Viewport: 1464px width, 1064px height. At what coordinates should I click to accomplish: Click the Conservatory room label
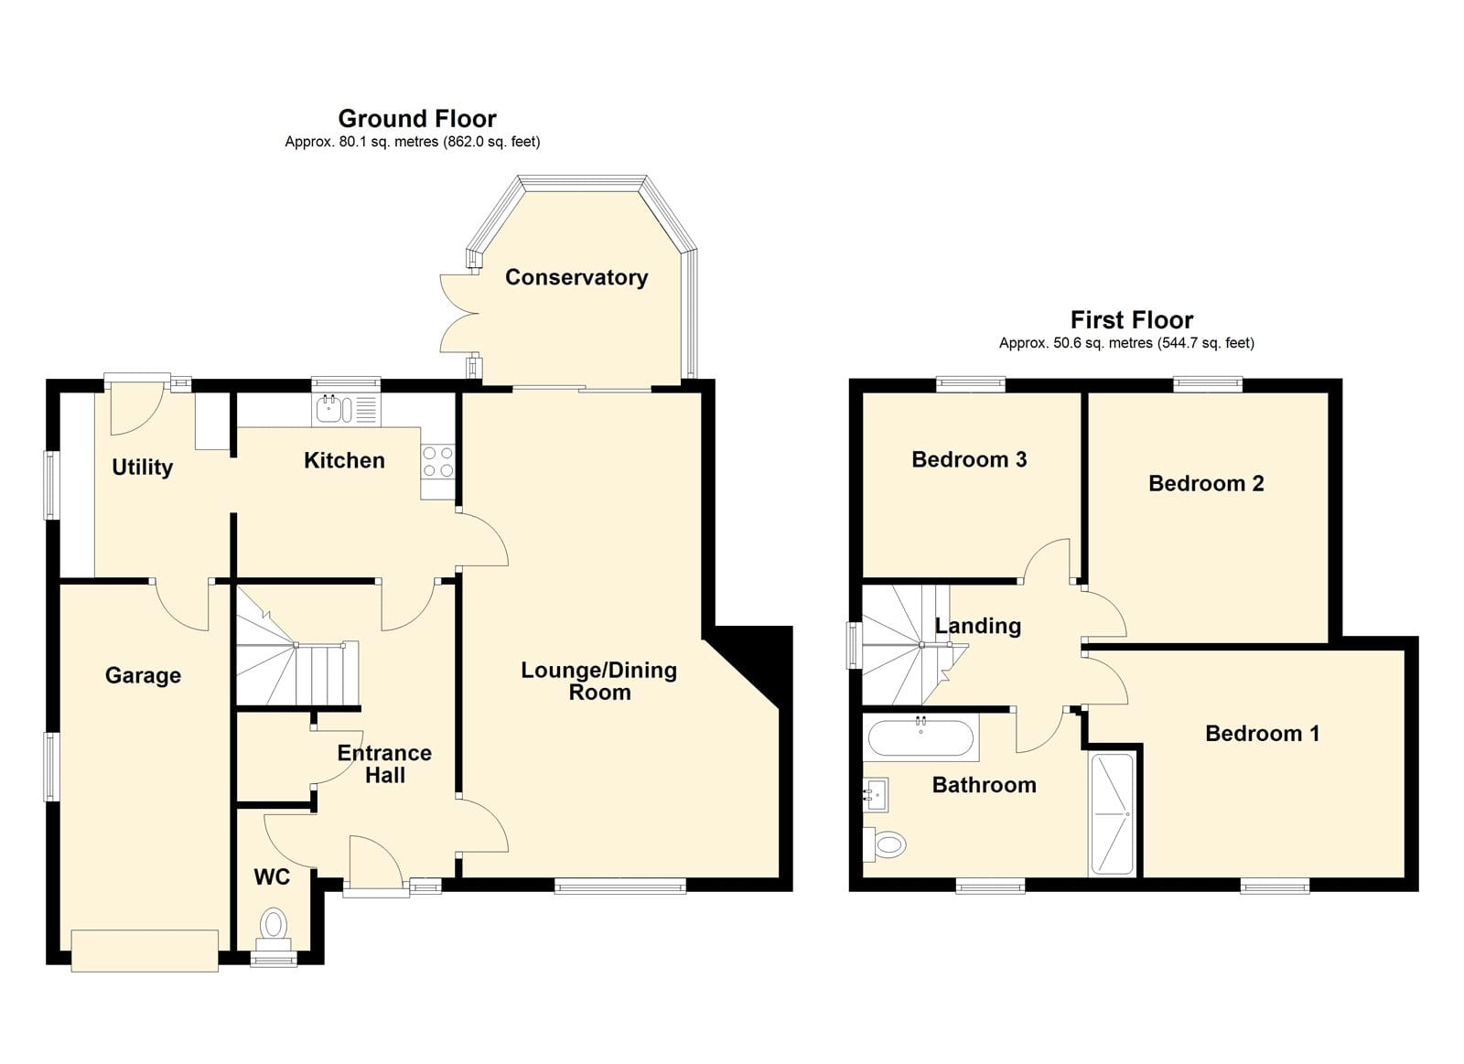tap(576, 278)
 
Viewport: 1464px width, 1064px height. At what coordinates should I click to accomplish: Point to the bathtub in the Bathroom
tap(920, 737)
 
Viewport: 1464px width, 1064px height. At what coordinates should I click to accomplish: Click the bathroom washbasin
tap(876, 795)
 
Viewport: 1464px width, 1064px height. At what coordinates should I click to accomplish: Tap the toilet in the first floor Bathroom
tap(885, 844)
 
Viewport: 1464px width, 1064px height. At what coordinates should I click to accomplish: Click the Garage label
tap(143, 676)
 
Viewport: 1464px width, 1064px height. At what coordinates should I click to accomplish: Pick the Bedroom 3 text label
tap(969, 460)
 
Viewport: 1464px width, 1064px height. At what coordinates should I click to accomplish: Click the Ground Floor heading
tap(417, 119)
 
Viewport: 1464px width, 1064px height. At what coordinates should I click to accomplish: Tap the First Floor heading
tap(1132, 320)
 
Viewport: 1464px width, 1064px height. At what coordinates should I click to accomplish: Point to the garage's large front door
tap(145, 951)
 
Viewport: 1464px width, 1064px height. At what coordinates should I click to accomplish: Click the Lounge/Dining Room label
tap(599, 681)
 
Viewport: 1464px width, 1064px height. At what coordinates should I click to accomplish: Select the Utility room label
tap(143, 468)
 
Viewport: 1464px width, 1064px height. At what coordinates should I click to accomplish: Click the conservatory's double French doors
tap(460, 314)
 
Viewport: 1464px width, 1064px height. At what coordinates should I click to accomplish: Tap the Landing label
tap(978, 626)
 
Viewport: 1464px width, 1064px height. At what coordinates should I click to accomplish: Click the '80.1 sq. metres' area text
tap(388, 142)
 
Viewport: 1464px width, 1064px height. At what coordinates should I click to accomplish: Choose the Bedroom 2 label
tap(1206, 484)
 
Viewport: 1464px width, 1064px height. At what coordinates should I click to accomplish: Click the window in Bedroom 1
tap(1276, 887)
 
